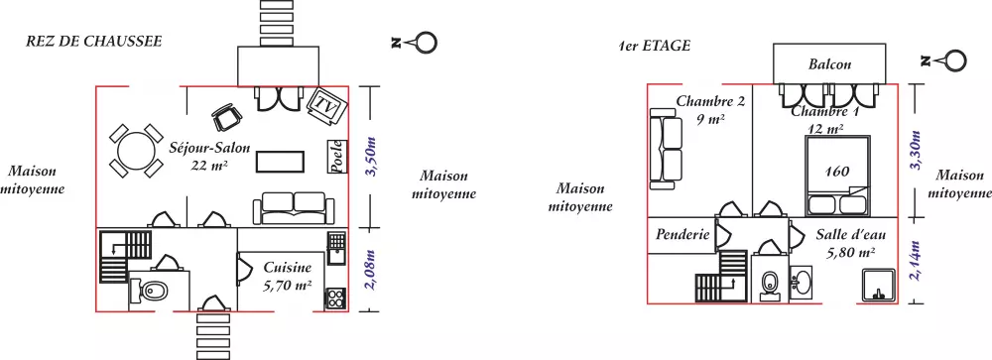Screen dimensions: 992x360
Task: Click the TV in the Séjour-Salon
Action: click(327, 105)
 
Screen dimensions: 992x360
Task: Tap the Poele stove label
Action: click(337, 157)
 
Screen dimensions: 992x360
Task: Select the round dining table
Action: click(137, 151)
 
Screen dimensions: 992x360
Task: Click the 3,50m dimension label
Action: click(372, 157)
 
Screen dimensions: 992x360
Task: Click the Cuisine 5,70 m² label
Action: click(288, 277)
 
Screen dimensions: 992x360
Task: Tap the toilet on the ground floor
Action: click(149, 291)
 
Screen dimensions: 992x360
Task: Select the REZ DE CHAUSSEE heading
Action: click(93, 42)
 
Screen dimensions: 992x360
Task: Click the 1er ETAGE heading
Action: click(655, 46)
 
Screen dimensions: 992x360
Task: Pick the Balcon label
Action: click(829, 63)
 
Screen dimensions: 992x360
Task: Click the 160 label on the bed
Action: click(837, 171)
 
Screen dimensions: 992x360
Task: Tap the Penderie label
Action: click(682, 235)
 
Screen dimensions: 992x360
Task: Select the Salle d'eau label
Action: click(851, 235)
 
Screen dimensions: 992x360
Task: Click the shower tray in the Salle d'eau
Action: click(878, 286)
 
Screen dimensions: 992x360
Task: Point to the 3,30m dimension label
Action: click(915, 152)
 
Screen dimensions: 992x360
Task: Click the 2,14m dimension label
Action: click(915, 261)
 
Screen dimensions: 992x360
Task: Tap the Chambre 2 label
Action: click(710, 100)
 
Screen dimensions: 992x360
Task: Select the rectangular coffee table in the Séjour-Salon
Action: click(281, 162)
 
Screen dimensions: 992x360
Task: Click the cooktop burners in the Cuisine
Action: click(336, 299)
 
